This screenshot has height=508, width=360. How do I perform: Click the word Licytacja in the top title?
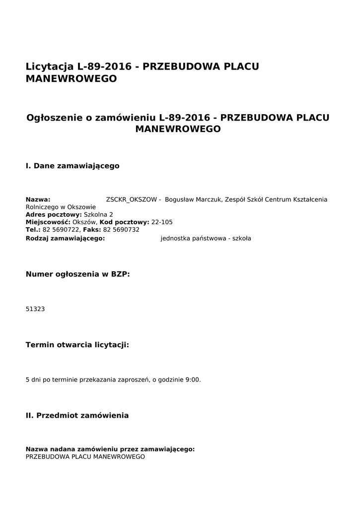[49, 66]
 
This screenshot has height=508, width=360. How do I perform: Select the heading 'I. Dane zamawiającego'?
[72, 166]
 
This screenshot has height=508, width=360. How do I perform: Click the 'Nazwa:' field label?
[38, 199]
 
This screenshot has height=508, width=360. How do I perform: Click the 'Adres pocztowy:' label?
[54, 214]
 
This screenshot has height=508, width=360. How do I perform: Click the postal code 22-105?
[162, 222]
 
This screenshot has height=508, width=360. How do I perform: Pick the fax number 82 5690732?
[121, 230]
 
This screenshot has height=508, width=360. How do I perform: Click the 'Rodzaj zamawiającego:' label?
[65, 238]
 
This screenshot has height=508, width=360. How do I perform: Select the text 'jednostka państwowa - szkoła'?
[206, 238]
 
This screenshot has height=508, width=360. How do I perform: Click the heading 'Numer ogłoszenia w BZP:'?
[77, 273]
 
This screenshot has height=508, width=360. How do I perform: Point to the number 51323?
[35, 309]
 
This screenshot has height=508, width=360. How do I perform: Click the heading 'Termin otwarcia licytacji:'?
[77, 344]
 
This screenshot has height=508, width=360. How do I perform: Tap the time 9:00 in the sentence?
[192, 380]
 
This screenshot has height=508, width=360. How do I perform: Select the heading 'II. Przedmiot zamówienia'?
[77, 415]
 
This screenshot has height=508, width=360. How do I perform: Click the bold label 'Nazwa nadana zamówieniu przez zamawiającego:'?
[110, 449]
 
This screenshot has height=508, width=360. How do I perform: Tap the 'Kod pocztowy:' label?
[125, 222]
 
